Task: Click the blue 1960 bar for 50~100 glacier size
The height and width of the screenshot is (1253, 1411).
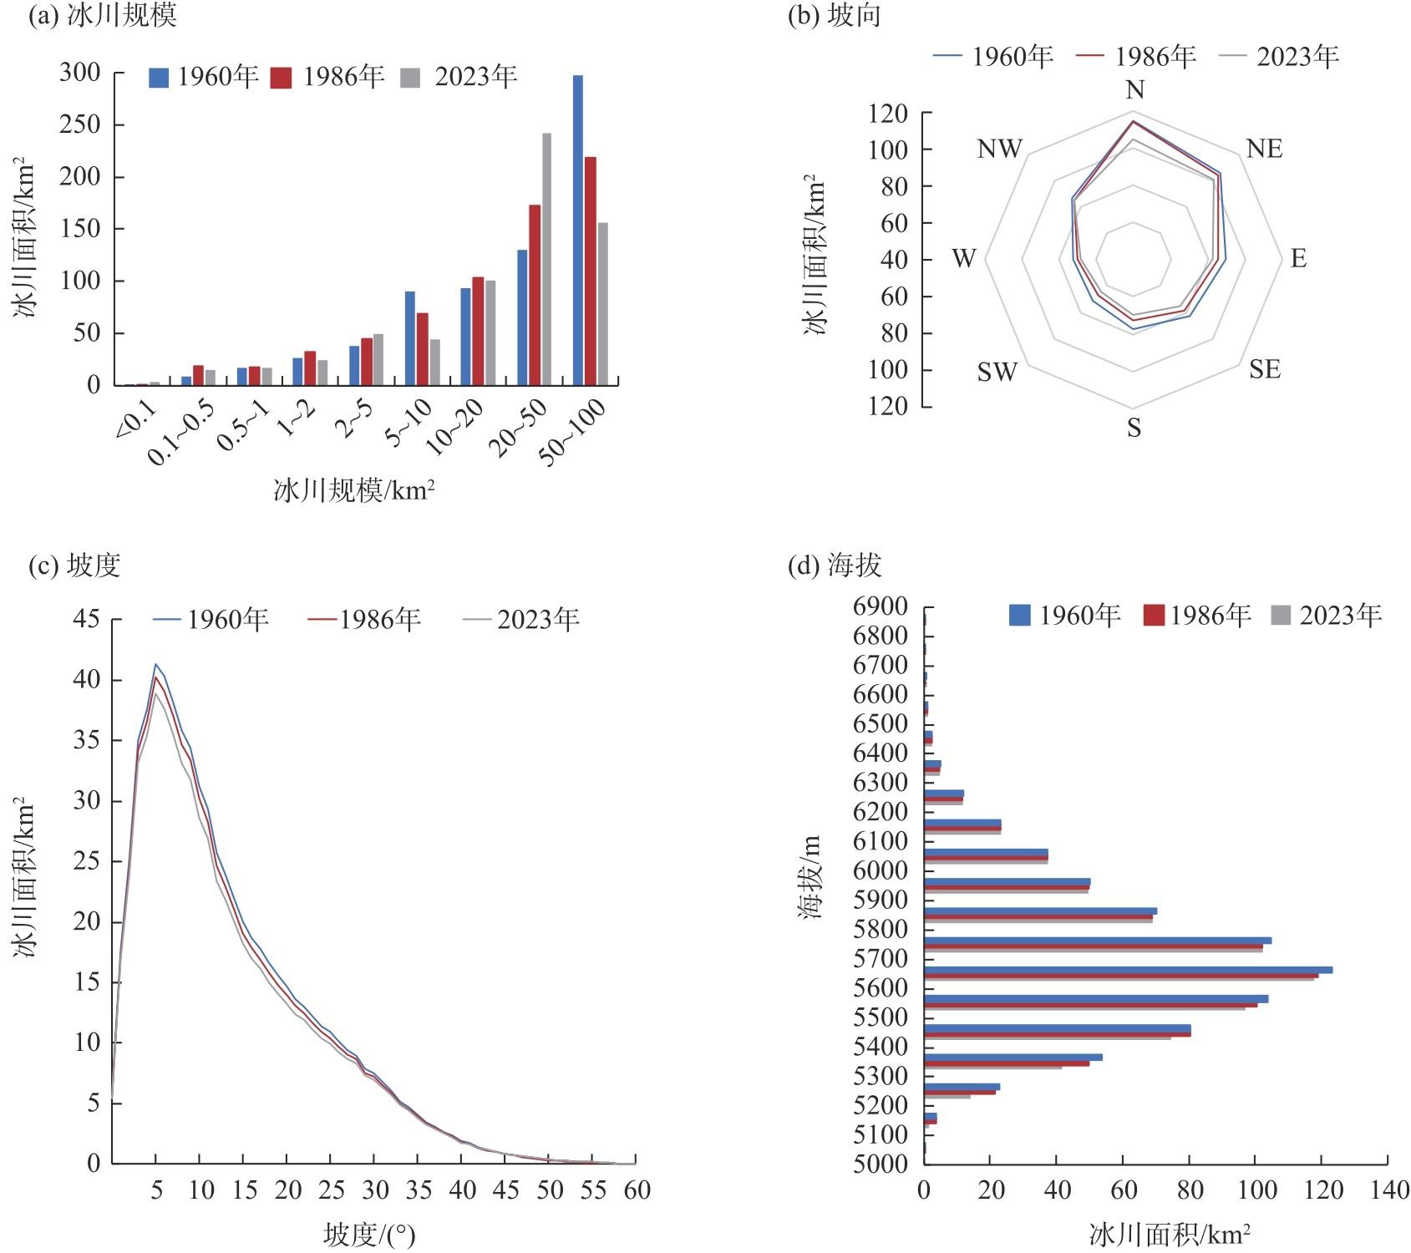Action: [577, 230]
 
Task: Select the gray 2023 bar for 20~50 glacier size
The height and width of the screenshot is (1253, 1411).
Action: [546, 259]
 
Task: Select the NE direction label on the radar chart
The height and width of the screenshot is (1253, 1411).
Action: [1264, 149]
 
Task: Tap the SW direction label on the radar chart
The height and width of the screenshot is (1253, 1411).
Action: [997, 372]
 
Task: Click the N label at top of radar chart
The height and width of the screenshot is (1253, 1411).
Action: [1134, 89]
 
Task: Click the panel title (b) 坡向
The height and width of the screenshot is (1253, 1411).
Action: [834, 16]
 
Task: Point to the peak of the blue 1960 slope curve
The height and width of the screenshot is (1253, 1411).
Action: [155, 664]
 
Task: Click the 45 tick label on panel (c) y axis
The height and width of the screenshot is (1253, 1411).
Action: [86, 619]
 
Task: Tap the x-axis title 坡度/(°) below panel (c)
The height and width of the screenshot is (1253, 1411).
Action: [369, 1235]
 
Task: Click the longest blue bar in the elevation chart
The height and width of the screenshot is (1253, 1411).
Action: [1128, 970]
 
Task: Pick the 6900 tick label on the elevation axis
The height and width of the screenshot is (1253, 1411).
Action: [881, 606]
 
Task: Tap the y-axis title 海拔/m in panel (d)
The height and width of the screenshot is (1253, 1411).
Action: [810, 877]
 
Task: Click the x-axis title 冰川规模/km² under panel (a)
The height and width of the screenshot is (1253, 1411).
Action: [354, 490]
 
